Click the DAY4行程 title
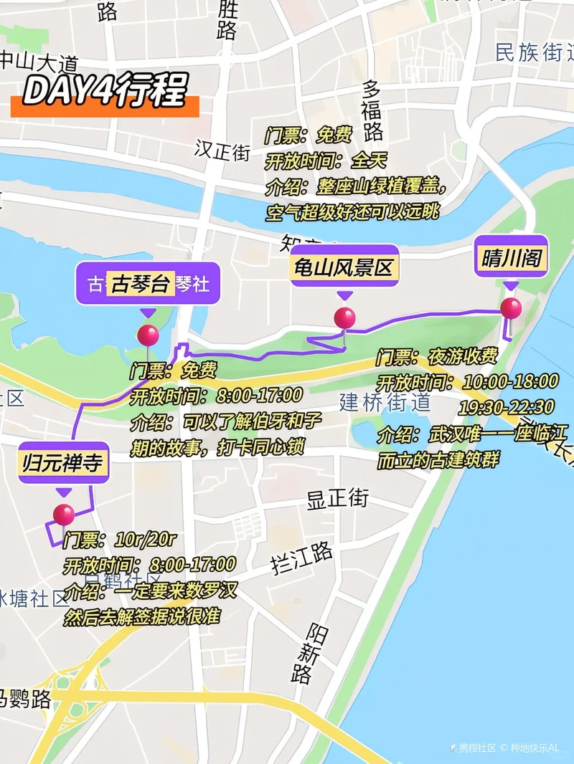(x=105, y=91)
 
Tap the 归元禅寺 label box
(x=64, y=463)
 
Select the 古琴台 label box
(x=140, y=284)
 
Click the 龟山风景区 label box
(x=344, y=267)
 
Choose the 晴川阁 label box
(x=511, y=259)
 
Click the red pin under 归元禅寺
(x=64, y=515)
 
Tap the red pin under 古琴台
(x=148, y=335)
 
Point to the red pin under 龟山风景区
(x=344, y=317)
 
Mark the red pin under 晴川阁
(x=511, y=308)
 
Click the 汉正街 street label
(x=222, y=151)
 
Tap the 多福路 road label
(x=372, y=110)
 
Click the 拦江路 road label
(x=302, y=558)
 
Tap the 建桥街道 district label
(x=385, y=401)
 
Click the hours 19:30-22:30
(x=507, y=407)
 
